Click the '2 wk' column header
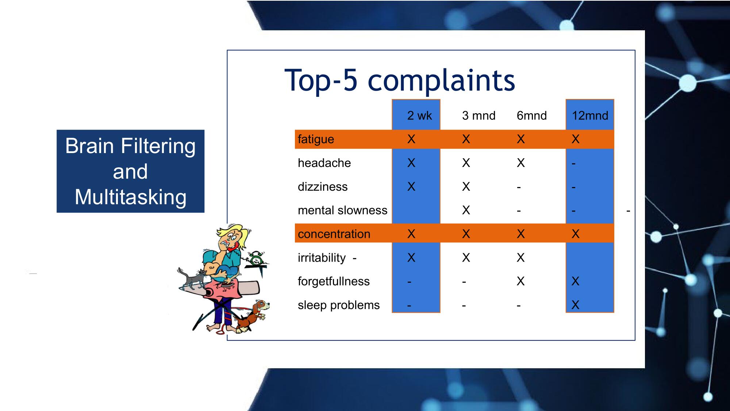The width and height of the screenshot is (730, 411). [x=419, y=116]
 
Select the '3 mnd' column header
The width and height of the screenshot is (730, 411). [x=479, y=116]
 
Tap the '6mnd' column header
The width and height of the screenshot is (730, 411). [x=531, y=116]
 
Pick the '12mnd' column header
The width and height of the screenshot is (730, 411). [x=590, y=116]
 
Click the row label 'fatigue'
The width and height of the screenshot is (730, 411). [x=316, y=139]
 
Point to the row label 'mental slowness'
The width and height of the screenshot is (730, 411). [x=342, y=210]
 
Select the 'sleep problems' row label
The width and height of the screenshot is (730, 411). [x=339, y=305]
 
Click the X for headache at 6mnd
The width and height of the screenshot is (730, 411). [x=521, y=163]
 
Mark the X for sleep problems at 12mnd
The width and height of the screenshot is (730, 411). [x=576, y=305]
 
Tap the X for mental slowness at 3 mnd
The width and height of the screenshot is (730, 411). [x=466, y=210]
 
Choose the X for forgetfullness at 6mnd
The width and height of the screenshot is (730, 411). [x=521, y=281]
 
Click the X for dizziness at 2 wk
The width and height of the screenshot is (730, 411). [x=411, y=187]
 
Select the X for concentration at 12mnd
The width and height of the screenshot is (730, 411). [x=576, y=234]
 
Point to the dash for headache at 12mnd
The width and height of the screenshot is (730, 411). [x=573, y=164]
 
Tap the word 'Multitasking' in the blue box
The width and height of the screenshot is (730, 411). [x=131, y=197]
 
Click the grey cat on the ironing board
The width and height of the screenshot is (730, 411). [x=192, y=279]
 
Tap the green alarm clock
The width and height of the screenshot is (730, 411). [x=257, y=259]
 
